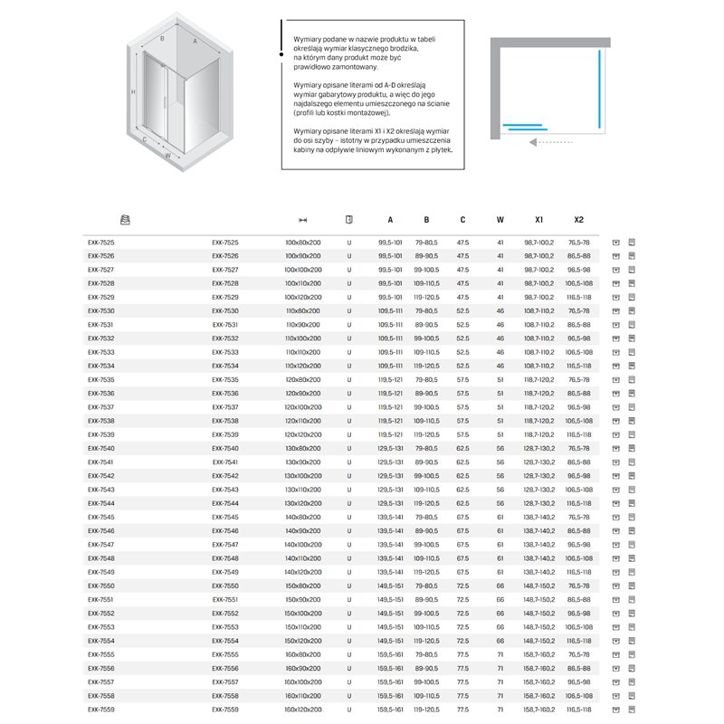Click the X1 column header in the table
point(538,220)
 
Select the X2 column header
point(579,220)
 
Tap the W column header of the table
point(500,220)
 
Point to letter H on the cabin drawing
point(132,93)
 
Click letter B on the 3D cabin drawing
point(162,39)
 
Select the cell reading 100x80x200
point(302,243)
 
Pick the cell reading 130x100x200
point(302,476)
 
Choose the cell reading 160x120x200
point(302,710)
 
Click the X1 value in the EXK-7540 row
point(538,449)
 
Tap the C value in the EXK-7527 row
point(462,270)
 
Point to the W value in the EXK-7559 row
point(500,710)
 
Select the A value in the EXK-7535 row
point(390,380)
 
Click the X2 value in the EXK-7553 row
point(579,627)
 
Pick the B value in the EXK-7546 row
point(426,531)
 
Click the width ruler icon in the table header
point(303,220)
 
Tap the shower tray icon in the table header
point(126,220)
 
